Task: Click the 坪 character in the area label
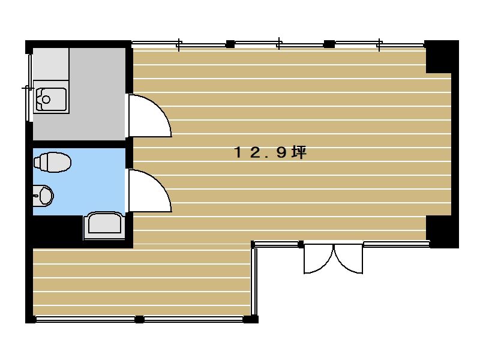coord(299,152)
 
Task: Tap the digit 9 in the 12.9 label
coord(281,152)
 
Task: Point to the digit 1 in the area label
coord(238,152)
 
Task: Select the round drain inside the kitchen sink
coord(46,100)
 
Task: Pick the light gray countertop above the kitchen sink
coord(51,64)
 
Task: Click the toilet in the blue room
coord(52,162)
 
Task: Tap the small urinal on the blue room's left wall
coord(43,196)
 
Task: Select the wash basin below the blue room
coord(104,226)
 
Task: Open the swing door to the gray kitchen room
coord(149,115)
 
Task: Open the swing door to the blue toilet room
coord(149,190)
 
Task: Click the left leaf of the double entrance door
coord(319,259)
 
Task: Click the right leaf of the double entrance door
coord(349,259)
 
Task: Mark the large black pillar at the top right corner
coord(442,56)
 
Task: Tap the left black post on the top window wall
coord(230,44)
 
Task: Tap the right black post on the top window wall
coord(329,44)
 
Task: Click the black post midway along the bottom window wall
coord(139,319)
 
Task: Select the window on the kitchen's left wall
coord(29,88)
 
